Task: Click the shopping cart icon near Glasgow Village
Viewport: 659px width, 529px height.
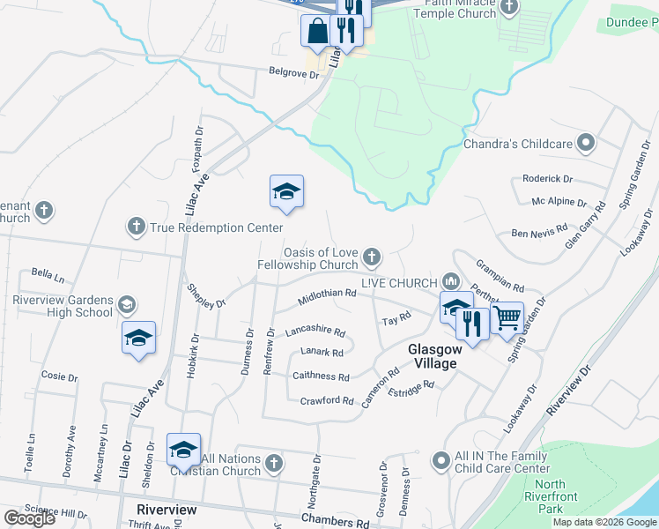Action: [507, 317]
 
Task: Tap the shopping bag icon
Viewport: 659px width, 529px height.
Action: [317, 31]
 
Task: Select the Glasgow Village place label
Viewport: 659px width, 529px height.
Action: [432, 357]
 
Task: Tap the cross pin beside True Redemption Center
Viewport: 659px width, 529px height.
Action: [136, 227]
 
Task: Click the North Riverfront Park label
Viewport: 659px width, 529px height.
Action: [551, 496]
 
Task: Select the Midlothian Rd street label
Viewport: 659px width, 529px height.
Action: [326, 294]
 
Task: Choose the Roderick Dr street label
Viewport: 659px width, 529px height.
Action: [547, 178]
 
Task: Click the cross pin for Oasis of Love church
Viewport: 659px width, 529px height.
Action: [372, 257]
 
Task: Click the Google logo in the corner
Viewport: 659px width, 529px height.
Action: [29, 518]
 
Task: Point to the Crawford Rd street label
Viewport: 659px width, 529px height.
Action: [326, 400]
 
